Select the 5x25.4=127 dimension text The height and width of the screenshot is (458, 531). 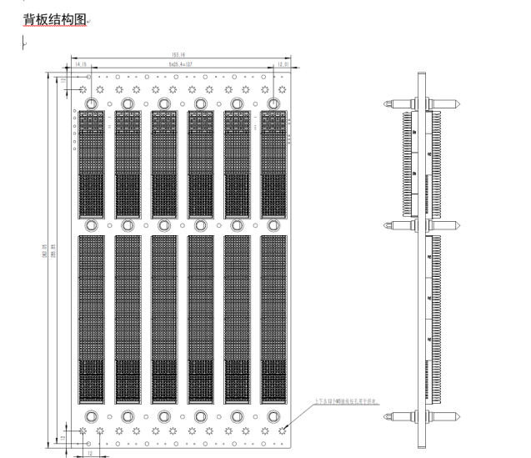(x=179, y=63)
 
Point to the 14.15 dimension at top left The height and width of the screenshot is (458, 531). (x=81, y=63)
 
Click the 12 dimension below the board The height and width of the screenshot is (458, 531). (x=89, y=453)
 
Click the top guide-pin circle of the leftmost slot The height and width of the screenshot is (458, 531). (x=91, y=103)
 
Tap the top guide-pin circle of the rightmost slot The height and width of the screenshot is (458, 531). (x=273, y=103)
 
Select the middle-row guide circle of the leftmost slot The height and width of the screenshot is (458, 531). (x=91, y=225)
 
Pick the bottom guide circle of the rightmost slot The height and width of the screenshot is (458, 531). (x=273, y=416)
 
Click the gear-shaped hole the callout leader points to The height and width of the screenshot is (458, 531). (x=284, y=430)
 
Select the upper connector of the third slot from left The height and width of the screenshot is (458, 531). (x=164, y=163)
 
